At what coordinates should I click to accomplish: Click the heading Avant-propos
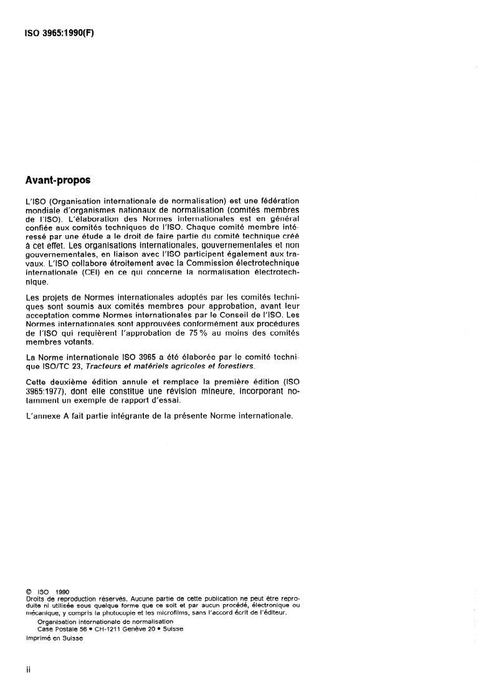click(x=58, y=181)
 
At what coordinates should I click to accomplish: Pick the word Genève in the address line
click(x=147, y=630)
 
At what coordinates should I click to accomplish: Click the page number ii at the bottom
click(x=28, y=669)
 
